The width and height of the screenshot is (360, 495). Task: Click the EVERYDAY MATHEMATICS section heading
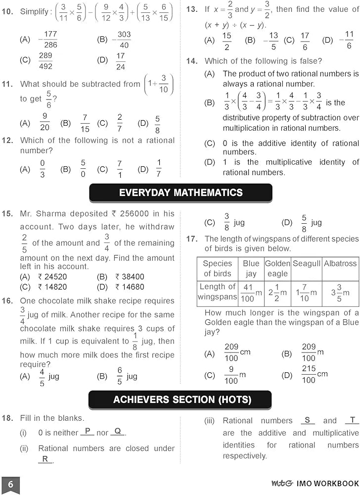coord(180,193)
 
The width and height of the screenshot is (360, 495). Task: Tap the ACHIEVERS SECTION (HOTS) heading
coord(180,399)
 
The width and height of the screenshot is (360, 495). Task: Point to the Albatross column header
coord(340,264)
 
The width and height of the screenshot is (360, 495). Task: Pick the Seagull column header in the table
coord(306,264)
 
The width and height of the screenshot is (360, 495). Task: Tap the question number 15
coord(7,214)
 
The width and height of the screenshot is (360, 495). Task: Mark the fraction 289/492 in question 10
coord(45,61)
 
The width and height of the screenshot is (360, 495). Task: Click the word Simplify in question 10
coord(34,11)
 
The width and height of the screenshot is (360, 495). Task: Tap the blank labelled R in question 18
coord(45,459)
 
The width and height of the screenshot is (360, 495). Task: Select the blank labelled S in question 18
coord(307,420)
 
